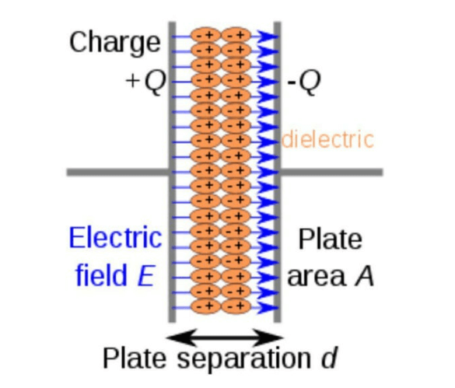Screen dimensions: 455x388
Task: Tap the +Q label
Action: pos(146,81)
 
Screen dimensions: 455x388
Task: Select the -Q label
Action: pos(304,81)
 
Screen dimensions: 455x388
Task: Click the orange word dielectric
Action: pos(327,140)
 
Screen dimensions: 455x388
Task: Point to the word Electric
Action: pos(115,238)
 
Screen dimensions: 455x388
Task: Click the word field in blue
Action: pos(101,274)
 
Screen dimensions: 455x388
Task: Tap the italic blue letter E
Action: pos(145,275)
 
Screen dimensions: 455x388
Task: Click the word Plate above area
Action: pos(331,239)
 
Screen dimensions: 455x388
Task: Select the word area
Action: pos(317,277)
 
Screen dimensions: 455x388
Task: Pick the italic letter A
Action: pos(364,276)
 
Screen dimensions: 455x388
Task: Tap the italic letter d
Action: pos(329,358)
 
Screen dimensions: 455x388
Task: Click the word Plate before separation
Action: pos(135,358)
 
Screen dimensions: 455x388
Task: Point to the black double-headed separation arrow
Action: pos(225,337)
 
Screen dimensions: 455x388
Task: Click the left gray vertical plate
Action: pos(173,172)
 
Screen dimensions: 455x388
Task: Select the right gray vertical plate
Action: pos(278,172)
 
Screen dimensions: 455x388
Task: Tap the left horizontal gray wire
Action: pos(117,172)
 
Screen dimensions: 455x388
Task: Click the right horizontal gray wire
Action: pos(331,172)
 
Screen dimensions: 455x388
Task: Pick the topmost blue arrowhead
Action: pos(267,37)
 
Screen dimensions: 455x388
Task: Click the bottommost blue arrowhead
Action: pos(267,307)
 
